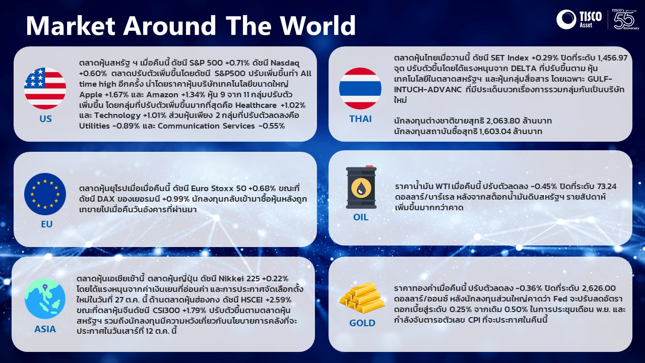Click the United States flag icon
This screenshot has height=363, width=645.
(45, 88)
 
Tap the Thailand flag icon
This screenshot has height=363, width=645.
(360, 88)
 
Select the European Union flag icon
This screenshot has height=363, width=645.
(45, 194)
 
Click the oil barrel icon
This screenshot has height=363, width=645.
(361, 187)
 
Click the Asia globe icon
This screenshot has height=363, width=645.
(45, 298)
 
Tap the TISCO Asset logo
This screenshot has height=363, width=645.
(579, 19)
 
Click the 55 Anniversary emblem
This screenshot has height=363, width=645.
(625, 20)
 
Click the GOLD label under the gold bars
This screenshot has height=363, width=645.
(362, 323)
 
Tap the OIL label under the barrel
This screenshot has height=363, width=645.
(360, 217)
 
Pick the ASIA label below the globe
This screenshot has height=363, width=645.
(45, 329)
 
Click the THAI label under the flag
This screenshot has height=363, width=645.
(360, 118)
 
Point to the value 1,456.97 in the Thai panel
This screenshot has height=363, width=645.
(612, 58)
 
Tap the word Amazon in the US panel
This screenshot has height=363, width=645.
(162, 94)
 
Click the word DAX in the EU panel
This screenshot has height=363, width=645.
(106, 199)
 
